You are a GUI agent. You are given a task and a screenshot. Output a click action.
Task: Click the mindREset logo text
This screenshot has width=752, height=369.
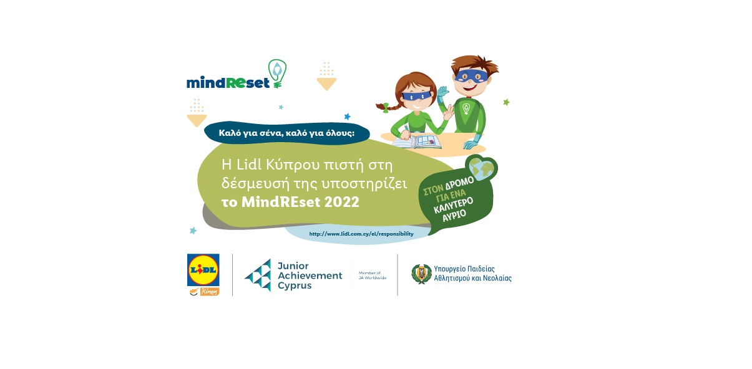228,82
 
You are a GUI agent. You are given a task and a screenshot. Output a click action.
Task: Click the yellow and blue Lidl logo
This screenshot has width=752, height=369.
203,270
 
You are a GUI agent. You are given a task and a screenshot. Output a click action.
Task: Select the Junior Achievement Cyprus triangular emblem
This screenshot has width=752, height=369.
258,275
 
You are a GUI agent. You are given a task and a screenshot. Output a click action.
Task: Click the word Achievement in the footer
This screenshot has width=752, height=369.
310,276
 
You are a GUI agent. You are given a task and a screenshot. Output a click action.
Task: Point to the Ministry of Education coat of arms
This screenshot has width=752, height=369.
421,274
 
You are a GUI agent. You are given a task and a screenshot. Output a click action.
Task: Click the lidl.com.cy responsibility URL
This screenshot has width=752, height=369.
361,234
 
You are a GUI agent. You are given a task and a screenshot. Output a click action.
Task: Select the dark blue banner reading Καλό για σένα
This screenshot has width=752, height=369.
286,132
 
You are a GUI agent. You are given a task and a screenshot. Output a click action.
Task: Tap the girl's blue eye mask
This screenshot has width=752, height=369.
414,97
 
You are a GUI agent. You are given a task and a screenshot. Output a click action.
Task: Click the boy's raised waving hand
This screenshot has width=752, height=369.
442,94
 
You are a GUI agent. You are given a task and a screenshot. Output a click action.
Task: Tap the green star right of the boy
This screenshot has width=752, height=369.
506,102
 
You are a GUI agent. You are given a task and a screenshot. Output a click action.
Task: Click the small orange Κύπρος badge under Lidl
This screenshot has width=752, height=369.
209,292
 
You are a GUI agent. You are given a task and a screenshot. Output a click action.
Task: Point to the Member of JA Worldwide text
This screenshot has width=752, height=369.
373,275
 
